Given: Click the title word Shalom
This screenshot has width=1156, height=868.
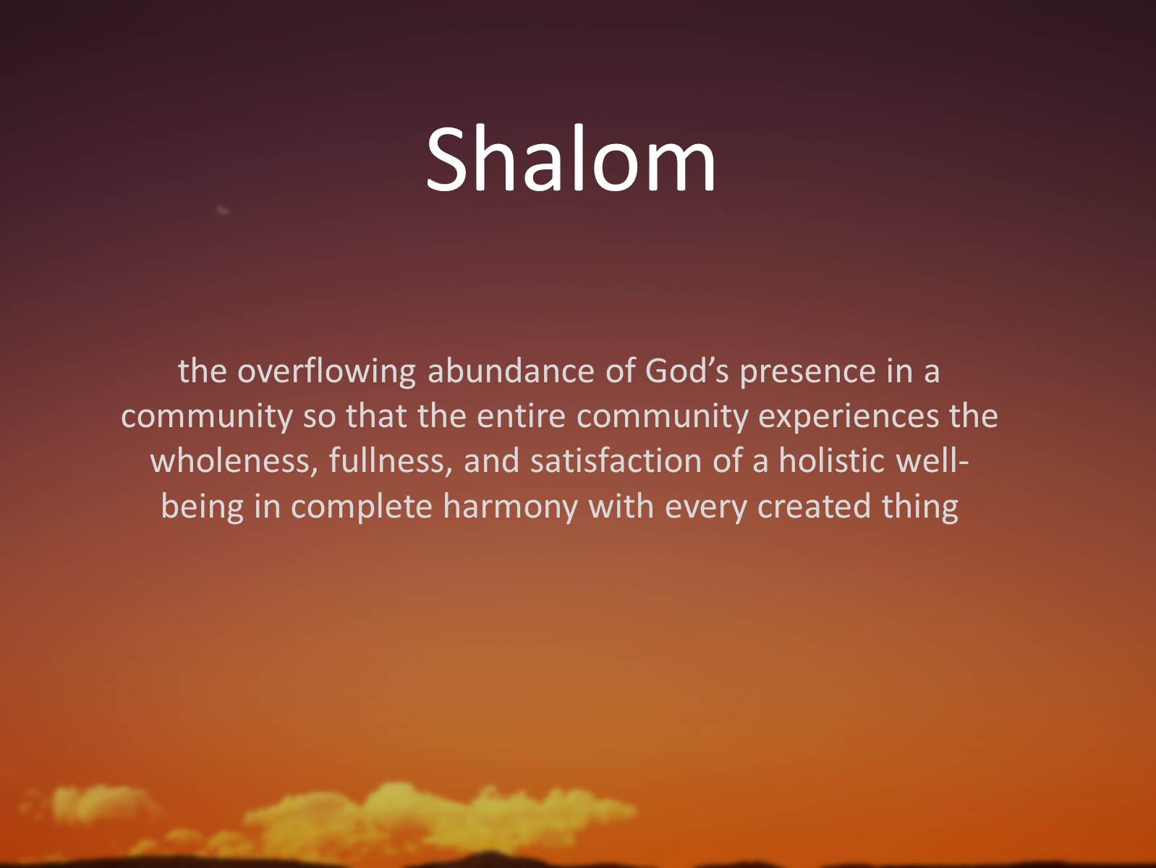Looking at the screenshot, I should [x=571, y=159].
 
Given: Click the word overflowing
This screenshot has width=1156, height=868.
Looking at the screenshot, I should [x=326, y=371].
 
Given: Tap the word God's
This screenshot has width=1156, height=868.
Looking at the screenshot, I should [x=686, y=371].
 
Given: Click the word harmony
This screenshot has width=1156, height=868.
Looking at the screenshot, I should [x=510, y=506].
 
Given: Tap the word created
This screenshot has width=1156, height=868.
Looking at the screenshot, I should [x=814, y=506].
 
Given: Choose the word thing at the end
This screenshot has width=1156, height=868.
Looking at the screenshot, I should [x=919, y=506].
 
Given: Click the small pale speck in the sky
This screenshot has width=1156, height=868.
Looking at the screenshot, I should [x=223, y=210].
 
